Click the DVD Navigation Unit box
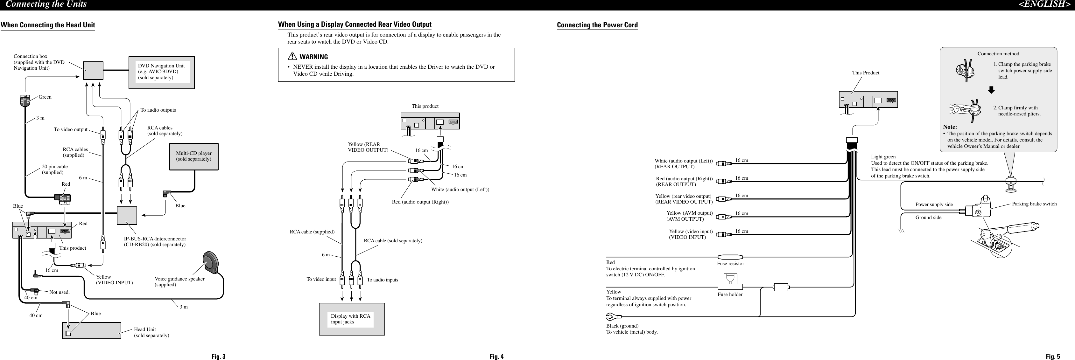(x=161, y=72)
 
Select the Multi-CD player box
(x=193, y=156)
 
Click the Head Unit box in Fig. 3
(x=91, y=330)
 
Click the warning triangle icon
(x=292, y=57)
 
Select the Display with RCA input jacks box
(x=351, y=319)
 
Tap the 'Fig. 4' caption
(x=496, y=356)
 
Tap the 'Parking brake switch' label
(x=1034, y=204)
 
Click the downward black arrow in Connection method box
(x=991, y=90)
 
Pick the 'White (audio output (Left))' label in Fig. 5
(x=683, y=161)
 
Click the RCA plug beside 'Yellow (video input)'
(x=723, y=234)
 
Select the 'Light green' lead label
(x=883, y=157)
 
